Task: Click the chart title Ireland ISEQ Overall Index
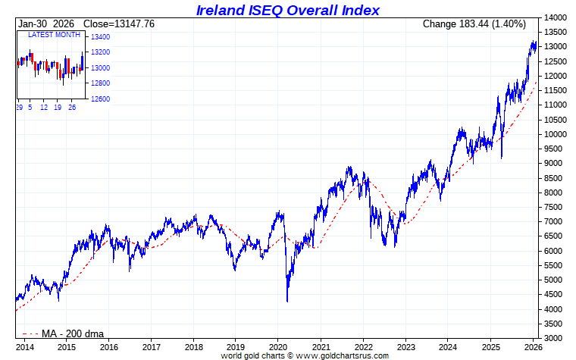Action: (x=287, y=10)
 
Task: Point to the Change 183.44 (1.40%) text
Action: (x=474, y=24)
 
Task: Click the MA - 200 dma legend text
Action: (x=73, y=333)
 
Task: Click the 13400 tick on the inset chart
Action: (x=99, y=37)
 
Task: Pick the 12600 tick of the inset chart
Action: (x=99, y=99)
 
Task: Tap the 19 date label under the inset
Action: (x=58, y=108)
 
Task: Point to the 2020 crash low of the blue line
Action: (x=287, y=301)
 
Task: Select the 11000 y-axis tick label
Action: (x=556, y=105)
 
